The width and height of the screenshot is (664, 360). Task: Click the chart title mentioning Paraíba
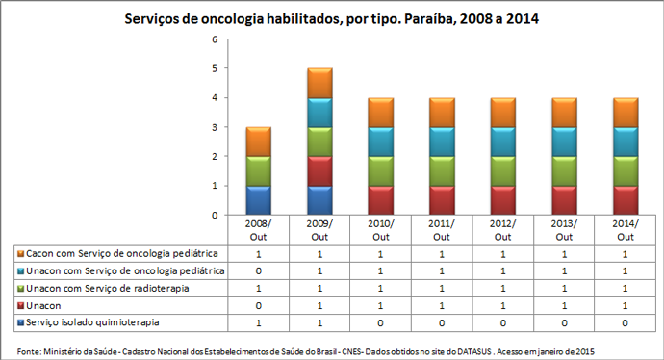pyautogui.click(x=332, y=18)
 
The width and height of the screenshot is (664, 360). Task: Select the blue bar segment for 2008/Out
pyautogui.click(x=257, y=199)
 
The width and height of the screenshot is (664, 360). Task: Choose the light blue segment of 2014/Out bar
pyautogui.click(x=626, y=141)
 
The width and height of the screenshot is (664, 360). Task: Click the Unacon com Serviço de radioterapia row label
pyautogui.click(x=107, y=288)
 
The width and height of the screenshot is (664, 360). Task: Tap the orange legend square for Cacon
pyautogui.click(x=20, y=253)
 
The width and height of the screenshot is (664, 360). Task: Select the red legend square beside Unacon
pyautogui.click(x=20, y=305)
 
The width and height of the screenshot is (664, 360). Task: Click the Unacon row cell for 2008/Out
pyautogui.click(x=257, y=305)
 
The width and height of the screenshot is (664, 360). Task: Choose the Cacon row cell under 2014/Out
pyautogui.click(x=626, y=253)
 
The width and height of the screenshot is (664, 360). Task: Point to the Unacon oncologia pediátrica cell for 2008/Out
pyautogui.click(x=257, y=270)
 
